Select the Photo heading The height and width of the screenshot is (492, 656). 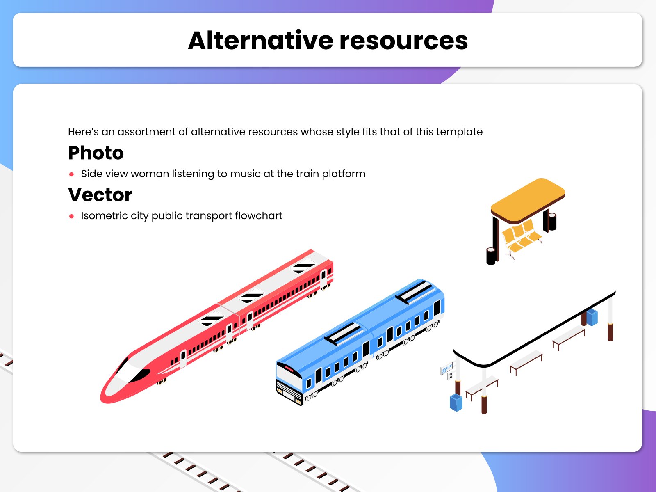pyautogui.click(x=96, y=153)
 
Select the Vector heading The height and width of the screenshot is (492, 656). pyautogui.click(x=100, y=195)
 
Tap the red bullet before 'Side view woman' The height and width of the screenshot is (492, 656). pyautogui.click(x=72, y=174)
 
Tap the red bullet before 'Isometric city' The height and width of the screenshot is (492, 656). pyautogui.click(x=72, y=216)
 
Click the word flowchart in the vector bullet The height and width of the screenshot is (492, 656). pyautogui.click(x=258, y=216)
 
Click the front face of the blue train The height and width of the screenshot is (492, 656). pyautogui.click(x=289, y=384)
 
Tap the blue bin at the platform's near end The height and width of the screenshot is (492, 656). pyautogui.click(x=456, y=402)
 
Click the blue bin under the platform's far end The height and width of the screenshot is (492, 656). pyautogui.click(x=592, y=317)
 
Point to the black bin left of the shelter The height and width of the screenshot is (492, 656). pyautogui.click(x=491, y=256)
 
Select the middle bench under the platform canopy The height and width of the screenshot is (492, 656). pyautogui.click(x=526, y=362)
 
